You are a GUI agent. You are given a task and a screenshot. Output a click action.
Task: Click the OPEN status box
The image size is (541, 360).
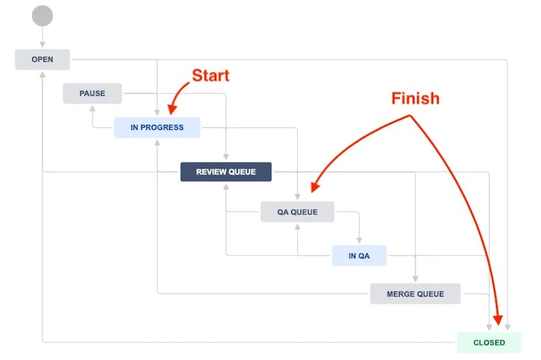[42, 59]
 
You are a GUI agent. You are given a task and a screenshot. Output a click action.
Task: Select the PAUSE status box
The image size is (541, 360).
[92, 93]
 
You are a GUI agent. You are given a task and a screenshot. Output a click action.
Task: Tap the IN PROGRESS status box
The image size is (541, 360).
[157, 127]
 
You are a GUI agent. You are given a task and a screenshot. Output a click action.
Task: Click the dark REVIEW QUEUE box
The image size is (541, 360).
[225, 172]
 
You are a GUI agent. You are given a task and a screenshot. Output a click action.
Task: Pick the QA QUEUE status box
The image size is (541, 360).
[297, 212]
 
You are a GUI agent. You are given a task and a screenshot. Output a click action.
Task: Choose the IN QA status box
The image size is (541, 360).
[359, 255]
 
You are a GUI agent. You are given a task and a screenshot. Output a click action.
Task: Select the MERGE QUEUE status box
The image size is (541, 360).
[415, 294]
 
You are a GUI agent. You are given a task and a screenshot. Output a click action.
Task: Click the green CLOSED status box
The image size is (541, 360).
[489, 342]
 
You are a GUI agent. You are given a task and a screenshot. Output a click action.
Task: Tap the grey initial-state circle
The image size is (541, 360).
[42, 16]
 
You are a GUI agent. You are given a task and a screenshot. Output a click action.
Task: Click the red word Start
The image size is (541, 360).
[210, 76]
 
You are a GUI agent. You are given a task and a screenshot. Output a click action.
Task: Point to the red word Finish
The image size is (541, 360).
[415, 99]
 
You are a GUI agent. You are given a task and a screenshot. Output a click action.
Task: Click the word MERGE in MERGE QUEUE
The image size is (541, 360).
[401, 294]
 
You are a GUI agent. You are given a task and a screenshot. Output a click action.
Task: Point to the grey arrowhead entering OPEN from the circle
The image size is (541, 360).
[42, 46]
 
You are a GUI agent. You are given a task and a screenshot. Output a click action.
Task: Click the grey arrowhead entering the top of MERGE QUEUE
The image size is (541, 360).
[416, 280]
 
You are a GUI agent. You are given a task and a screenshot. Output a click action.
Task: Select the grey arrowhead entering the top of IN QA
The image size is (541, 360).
[359, 241]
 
